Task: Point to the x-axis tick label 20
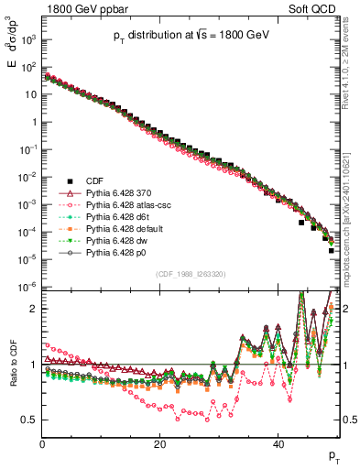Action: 159,444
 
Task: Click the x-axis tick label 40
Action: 278,444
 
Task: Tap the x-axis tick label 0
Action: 42,444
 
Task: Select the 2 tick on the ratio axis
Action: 33,309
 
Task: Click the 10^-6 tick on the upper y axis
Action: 29,287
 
